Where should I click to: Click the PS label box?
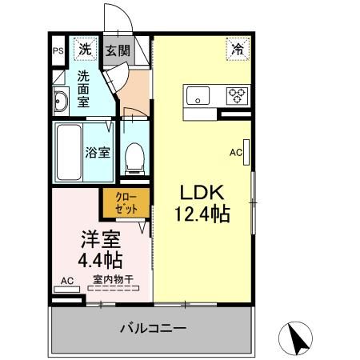[58, 50]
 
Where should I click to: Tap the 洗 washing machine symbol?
[85, 50]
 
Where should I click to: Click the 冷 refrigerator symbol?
[238, 49]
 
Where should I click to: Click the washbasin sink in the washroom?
[62, 102]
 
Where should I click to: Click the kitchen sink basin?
[198, 97]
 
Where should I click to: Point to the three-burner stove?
[238, 96]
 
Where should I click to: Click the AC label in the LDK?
[236, 150]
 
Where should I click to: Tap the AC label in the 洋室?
[67, 281]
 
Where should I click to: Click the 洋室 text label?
[100, 238]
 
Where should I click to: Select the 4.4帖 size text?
[100, 259]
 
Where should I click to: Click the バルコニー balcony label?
[154, 328]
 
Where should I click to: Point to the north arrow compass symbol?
[298, 338]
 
